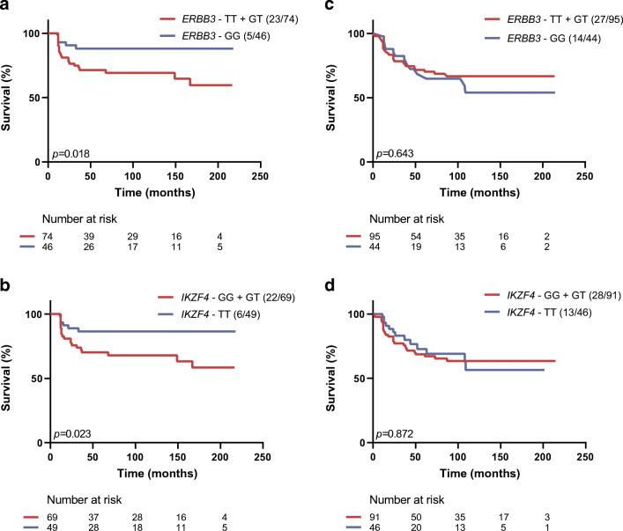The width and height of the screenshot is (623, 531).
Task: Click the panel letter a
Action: pyautogui.click(x=6, y=8)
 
